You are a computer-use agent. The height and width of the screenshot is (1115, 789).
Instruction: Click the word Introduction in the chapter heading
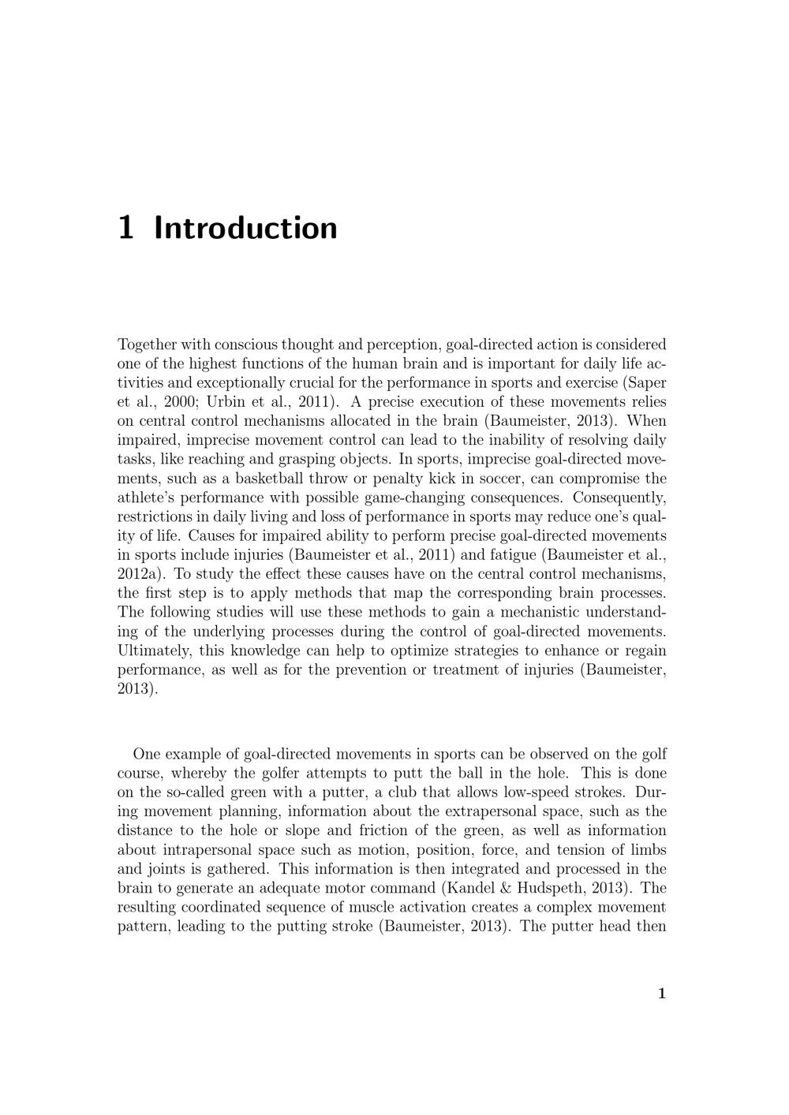pos(246,228)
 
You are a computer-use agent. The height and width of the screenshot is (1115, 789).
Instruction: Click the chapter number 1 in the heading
pos(125,228)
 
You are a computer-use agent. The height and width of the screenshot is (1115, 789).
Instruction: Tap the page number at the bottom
pos(662,994)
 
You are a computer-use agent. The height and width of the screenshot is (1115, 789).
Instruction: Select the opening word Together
pos(146,345)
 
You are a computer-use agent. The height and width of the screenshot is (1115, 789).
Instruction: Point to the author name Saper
pos(648,382)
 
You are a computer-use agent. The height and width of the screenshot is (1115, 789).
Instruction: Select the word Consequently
pos(620,498)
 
